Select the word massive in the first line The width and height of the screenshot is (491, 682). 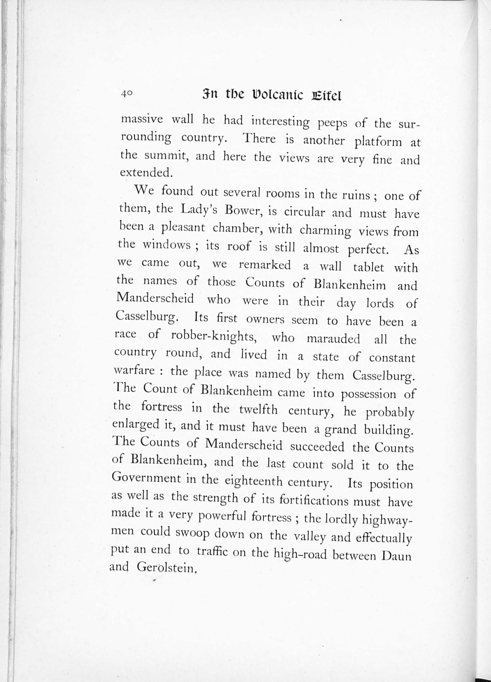[x=142, y=119]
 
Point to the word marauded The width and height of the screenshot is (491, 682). [x=333, y=339]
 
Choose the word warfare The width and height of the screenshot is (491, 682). [x=134, y=370]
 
